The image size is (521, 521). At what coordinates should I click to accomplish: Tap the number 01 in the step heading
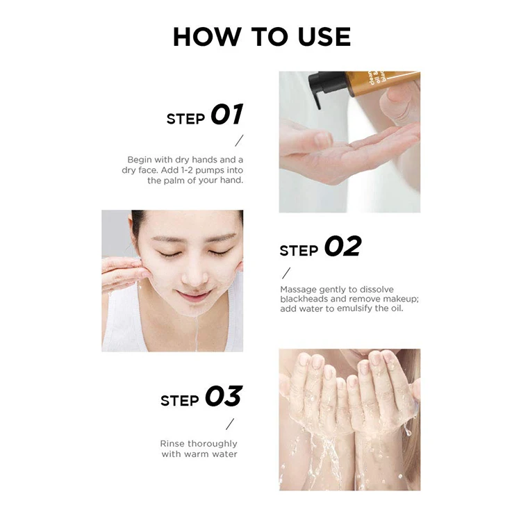pos(227,115)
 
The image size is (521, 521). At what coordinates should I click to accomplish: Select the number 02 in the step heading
pos(342,247)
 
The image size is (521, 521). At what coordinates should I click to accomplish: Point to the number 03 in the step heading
pos(223,397)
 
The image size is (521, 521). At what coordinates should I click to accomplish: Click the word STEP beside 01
pos(185,119)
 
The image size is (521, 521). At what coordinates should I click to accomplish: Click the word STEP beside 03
pos(180,401)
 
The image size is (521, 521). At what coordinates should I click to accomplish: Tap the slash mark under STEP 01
pos(239,141)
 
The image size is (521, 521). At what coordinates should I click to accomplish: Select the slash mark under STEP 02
pos(286,272)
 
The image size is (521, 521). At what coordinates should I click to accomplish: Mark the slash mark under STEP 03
pos(230,424)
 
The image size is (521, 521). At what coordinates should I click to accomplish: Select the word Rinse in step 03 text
pos(174,443)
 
